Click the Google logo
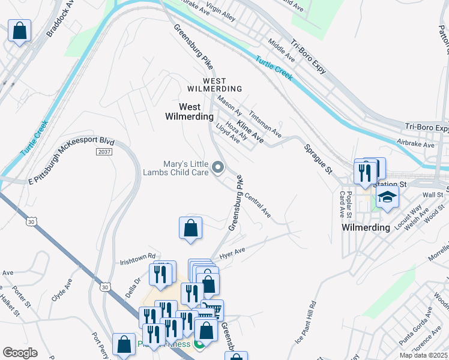pyautogui.click(x=20, y=352)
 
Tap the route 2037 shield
pyautogui.click(x=104, y=152)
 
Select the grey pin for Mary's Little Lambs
pyautogui.click(x=218, y=169)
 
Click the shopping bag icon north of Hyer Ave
pyautogui.click(x=190, y=228)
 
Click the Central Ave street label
pyautogui.click(x=258, y=205)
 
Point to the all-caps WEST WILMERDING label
pyautogui.click(x=206, y=85)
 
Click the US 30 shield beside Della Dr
pyautogui.click(x=106, y=287)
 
